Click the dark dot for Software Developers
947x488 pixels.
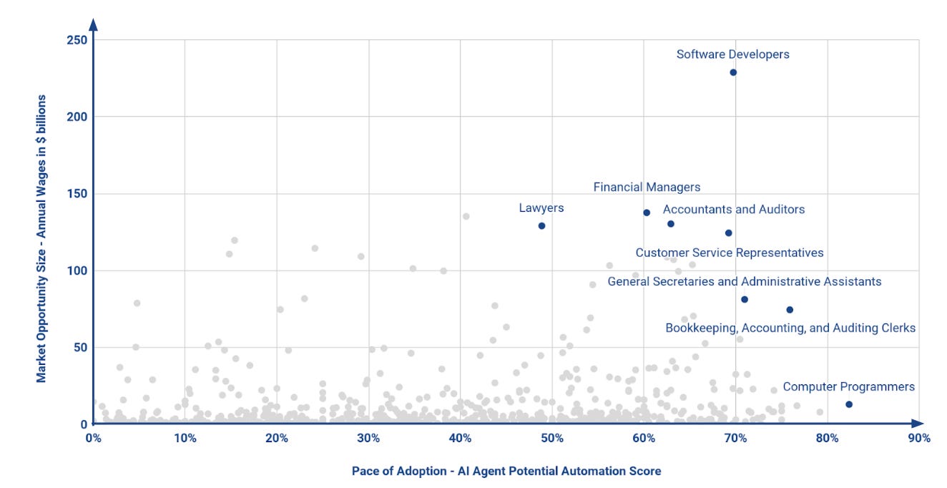(x=733, y=72)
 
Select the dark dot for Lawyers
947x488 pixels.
(x=541, y=225)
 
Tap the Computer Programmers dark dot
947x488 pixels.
(x=848, y=404)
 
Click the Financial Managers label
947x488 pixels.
(x=647, y=187)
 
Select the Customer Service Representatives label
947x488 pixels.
(x=730, y=253)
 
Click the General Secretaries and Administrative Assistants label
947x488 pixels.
(x=745, y=282)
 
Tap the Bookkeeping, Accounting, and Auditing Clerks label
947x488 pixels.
(x=790, y=328)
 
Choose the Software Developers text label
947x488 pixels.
(x=733, y=54)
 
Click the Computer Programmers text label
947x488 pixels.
(x=848, y=387)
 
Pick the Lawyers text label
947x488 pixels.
(x=541, y=208)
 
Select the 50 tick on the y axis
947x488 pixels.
(x=82, y=347)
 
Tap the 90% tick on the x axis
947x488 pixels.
(x=919, y=438)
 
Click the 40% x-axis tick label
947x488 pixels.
(x=460, y=438)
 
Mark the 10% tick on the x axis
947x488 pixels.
(x=185, y=438)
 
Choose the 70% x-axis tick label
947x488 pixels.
(x=735, y=438)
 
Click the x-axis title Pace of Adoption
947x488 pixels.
(x=506, y=472)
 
